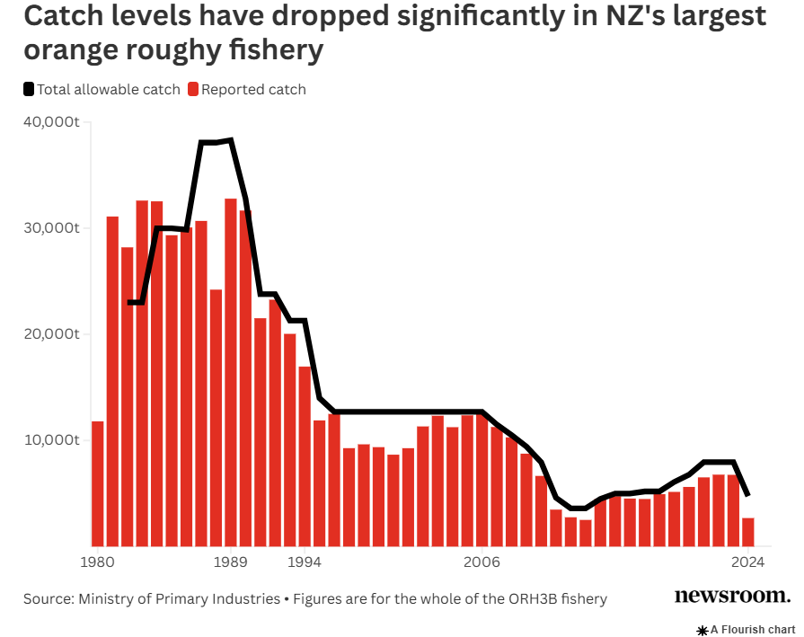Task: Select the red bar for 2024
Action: (x=747, y=532)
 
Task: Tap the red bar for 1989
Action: (x=230, y=372)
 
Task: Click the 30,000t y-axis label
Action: (x=50, y=227)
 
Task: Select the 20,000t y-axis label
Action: (x=50, y=333)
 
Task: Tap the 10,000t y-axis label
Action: (x=50, y=439)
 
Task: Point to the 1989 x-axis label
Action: (x=230, y=563)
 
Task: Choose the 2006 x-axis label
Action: (x=482, y=563)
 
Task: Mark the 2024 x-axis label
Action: (x=747, y=563)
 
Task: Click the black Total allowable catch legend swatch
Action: (x=29, y=89)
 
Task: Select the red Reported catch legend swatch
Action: (x=193, y=89)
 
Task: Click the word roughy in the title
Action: (x=172, y=50)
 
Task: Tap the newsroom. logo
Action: (x=732, y=596)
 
